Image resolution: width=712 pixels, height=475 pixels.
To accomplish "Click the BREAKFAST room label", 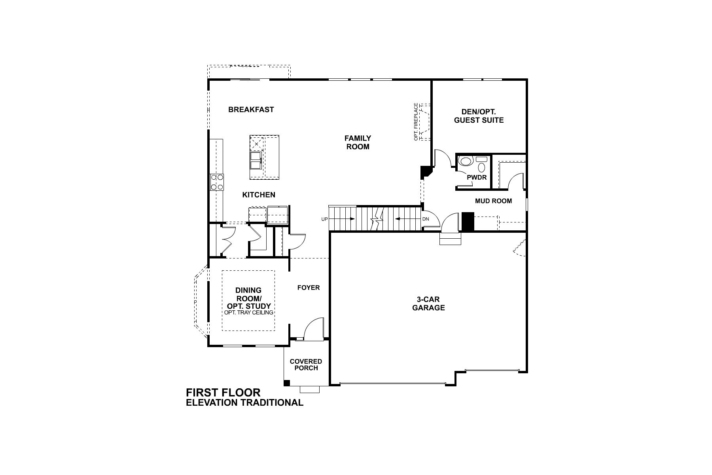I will [x=251, y=110].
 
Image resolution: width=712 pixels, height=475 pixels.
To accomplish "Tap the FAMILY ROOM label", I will [x=358, y=142].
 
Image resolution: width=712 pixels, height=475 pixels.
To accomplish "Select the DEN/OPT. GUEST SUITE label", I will [x=479, y=116].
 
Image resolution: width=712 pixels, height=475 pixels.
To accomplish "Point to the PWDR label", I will [x=477, y=178].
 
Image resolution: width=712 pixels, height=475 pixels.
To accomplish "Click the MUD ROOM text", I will [x=493, y=201].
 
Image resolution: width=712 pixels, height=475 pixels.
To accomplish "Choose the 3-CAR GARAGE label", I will [x=428, y=303].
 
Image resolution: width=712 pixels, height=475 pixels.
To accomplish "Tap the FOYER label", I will [x=309, y=288].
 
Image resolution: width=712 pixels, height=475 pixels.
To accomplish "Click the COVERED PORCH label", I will [x=306, y=365].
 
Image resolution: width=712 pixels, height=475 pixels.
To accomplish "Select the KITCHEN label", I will [x=259, y=195].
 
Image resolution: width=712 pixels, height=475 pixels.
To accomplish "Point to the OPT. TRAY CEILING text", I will [x=248, y=313].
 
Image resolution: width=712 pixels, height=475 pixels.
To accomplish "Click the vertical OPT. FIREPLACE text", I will [x=416, y=122].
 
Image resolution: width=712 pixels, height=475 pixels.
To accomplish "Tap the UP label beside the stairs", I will [x=324, y=219].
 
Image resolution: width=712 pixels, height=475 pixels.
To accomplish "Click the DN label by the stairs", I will [x=426, y=219].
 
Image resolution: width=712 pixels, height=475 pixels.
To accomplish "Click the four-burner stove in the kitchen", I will [x=217, y=182].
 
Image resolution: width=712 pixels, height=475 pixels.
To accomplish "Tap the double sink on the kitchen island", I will [x=256, y=160].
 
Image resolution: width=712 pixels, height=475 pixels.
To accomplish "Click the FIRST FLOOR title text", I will [x=223, y=393].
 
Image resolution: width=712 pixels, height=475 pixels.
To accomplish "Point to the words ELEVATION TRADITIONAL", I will [x=244, y=403].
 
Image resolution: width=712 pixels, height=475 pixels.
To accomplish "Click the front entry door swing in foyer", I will [x=314, y=329].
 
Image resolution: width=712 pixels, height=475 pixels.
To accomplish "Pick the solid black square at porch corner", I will [x=287, y=383].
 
